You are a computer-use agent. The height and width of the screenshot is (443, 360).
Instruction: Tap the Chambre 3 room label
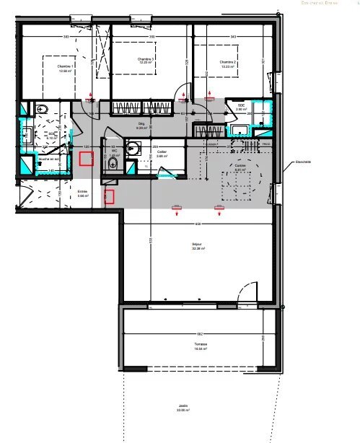click(x=147, y=61)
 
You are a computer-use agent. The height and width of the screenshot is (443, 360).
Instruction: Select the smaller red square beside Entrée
click(x=110, y=196)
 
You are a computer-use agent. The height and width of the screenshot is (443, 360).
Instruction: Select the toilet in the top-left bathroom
click(x=41, y=110)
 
